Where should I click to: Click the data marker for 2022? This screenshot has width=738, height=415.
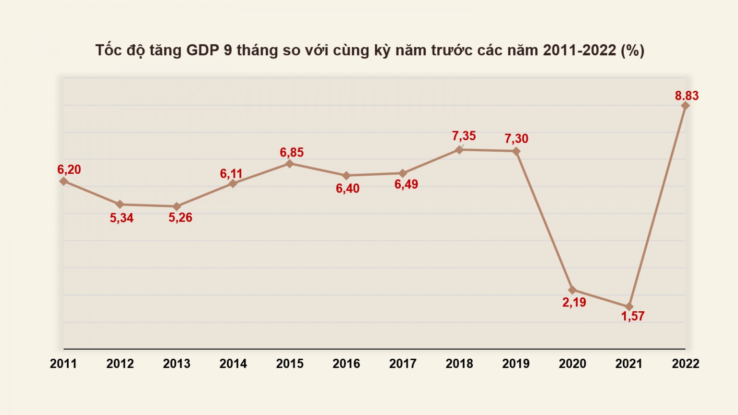[x=685, y=106]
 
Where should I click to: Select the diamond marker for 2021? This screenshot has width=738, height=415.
[x=629, y=306]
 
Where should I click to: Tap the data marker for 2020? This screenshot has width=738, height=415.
[x=572, y=290]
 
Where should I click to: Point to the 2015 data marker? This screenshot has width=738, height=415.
[x=290, y=164]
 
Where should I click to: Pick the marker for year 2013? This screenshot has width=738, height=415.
[x=177, y=207]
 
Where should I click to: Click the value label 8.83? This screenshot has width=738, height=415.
[x=687, y=96]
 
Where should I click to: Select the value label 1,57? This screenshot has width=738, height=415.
[x=632, y=316]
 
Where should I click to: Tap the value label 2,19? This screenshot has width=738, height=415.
[x=574, y=302]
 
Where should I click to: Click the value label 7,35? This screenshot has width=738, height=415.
[x=464, y=136]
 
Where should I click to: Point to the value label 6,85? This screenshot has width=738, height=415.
[x=292, y=152]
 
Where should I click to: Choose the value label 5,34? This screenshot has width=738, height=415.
[x=122, y=218]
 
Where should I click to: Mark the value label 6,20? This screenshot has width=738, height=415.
[x=69, y=170]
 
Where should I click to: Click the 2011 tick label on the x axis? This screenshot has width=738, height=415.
[x=63, y=364]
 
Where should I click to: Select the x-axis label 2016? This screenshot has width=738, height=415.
[x=346, y=364]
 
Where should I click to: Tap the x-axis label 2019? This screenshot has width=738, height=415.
[x=516, y=364]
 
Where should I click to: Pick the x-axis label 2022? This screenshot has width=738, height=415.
[x=686, y=364]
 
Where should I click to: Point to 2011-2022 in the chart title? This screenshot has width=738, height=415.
[x=579, y=50]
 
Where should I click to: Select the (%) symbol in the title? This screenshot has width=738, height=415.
[x=632, y=50]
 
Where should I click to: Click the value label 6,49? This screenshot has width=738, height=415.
[x=406, y=184]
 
